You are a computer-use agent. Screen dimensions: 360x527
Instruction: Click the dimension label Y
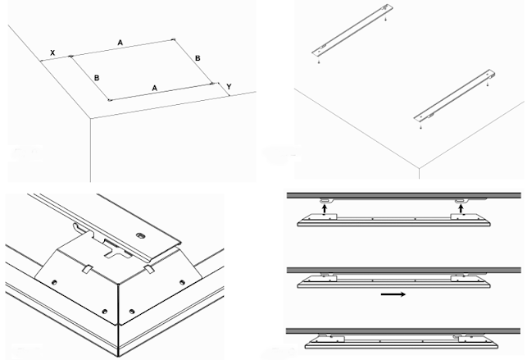(x=231, y=84)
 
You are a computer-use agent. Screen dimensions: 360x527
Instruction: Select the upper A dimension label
(x=121, y=41)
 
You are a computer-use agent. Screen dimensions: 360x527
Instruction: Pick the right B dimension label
(x=197, y=58)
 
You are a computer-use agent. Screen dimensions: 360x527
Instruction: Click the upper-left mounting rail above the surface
(x=352, y=31)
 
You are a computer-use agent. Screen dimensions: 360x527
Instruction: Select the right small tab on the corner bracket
(x=148, y=267)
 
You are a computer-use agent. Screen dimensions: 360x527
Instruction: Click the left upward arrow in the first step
(x=325, y=210)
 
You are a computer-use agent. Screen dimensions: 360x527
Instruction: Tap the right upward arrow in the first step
(x=461, y=210)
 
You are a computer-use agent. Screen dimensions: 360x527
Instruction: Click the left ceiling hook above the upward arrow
(x=325, y=199)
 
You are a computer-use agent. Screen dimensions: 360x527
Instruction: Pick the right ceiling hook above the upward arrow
(x=461, y=199)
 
